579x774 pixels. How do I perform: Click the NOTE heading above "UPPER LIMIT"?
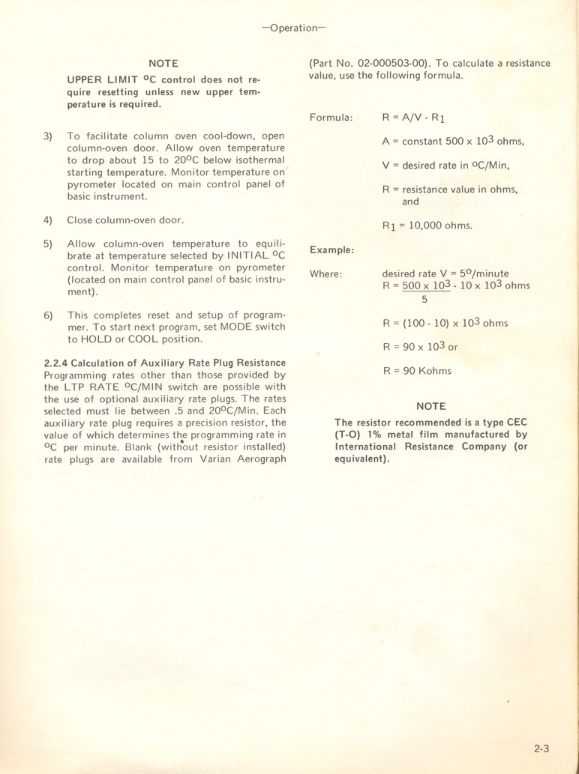point(163,64)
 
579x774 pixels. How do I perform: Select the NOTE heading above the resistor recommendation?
point(430,406)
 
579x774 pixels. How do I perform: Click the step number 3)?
point(48,136)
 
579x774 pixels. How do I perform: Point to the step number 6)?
point(48,315)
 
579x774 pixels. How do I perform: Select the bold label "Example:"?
point(331,250)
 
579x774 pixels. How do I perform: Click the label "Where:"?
point(326,273)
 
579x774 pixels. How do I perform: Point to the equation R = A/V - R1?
point(414,118)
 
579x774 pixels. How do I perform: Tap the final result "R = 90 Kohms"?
point(417,370)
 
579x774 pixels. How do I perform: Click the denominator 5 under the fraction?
point(424,300)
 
